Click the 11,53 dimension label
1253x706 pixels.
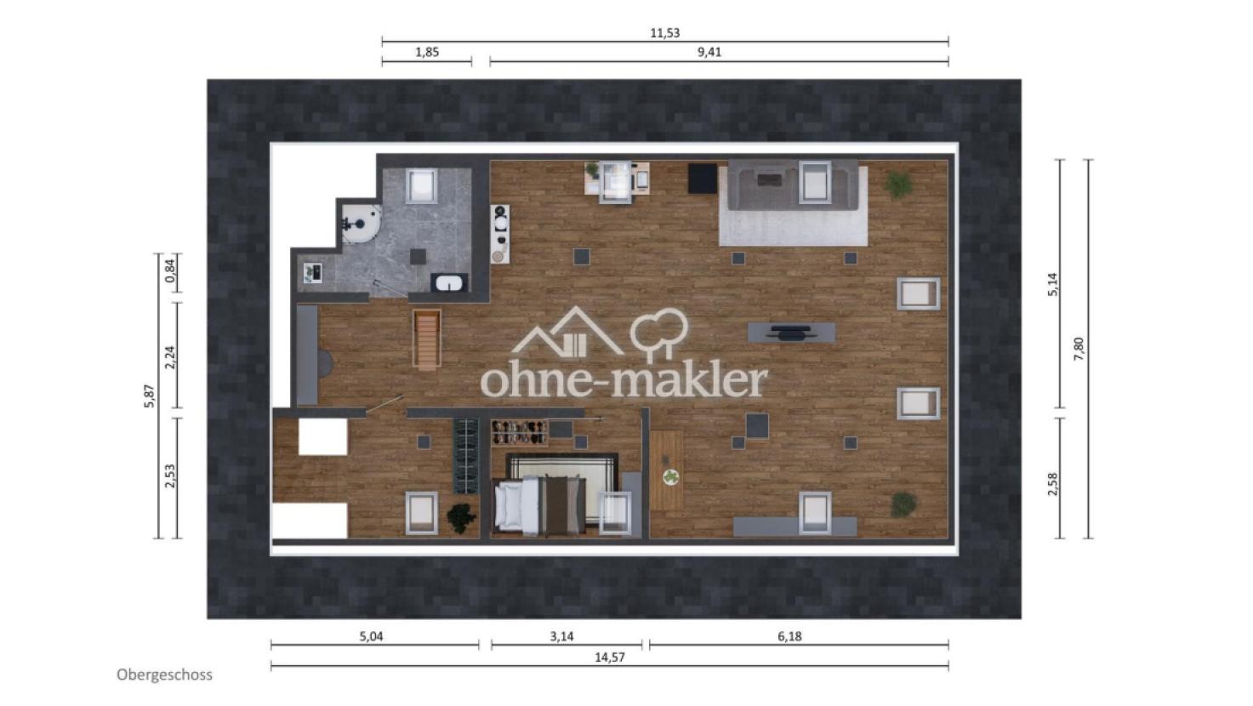pos(664,33)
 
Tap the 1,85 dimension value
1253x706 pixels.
pos(427,52)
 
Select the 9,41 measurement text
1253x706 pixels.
pos(709,52)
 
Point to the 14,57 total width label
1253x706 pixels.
pos(609,658)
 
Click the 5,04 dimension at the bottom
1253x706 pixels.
pos(372,636)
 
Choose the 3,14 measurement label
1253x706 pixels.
pos(561,636)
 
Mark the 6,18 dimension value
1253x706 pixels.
pos(789,636)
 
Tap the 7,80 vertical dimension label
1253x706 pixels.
pos(1079,349)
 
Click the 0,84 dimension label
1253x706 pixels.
pos(171,271)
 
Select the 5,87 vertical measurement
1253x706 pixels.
pos(150,396)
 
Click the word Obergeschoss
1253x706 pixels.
pos(164,675)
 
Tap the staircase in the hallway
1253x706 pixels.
pos(427,339)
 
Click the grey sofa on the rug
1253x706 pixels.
pos(793,185)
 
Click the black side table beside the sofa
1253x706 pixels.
pos(703,179)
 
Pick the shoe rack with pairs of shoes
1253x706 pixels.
pos(519,433)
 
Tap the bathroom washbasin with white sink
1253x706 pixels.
pos(449,282)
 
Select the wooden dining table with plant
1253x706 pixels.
pos(667,470)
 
